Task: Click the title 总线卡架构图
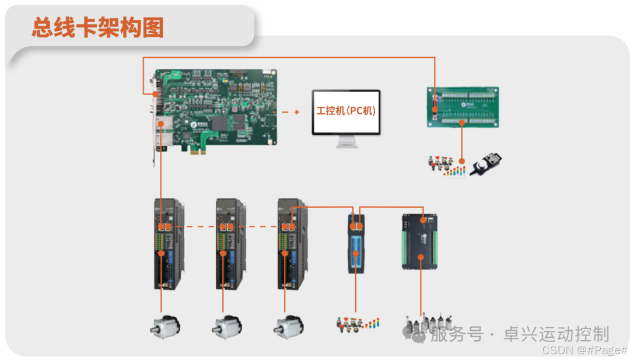pos(97,27)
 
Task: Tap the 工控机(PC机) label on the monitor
pos(346,111)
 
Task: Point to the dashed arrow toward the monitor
pos(290,111)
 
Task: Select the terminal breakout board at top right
pos(463,107)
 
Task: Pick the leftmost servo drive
pos(168,244)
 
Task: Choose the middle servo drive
pos(230,244)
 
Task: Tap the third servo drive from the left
pos(292,244)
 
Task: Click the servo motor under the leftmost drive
pos(164,326)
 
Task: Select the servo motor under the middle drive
pos(225,326)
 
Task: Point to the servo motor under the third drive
pos(287,326)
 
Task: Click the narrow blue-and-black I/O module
pos(356,244)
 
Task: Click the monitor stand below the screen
pos(346,142)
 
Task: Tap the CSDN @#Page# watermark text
pos(584,349)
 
